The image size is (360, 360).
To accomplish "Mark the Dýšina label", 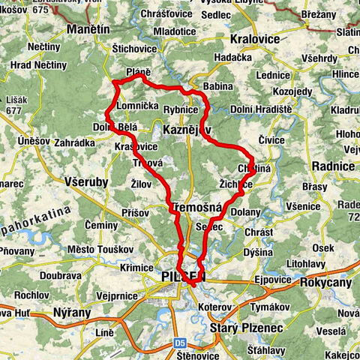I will pyautogui.click(x=259, y=253).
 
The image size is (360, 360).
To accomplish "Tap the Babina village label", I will pyautogui.click(x=218, y=86).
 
